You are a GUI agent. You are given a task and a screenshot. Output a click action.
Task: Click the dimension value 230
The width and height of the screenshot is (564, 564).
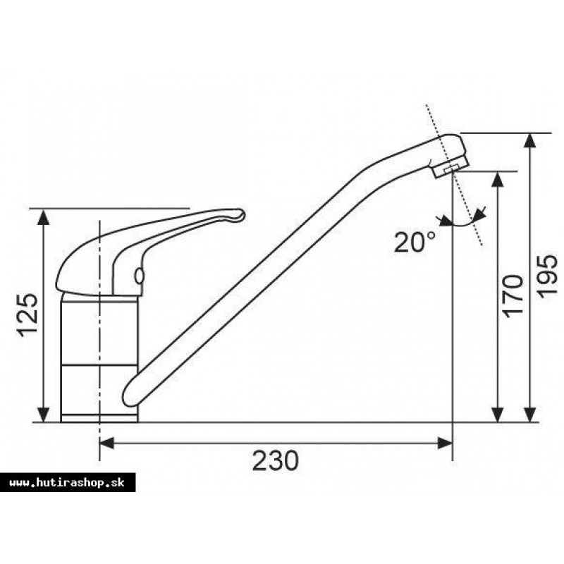tap(275, 460)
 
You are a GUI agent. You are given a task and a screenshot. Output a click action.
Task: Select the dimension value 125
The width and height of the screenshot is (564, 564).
tap(28, 316)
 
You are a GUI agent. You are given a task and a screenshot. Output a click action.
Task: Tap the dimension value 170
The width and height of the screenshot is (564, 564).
tap(513, 296)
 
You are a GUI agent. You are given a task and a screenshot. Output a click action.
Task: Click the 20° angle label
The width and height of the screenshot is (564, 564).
tap(415, 242)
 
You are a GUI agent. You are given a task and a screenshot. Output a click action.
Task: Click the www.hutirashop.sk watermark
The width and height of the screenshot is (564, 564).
tap(67, 483)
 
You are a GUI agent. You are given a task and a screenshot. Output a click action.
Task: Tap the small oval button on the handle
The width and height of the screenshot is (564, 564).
tap(139, 276)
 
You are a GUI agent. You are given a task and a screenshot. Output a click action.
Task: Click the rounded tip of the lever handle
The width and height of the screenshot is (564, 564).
tap(240, 216)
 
